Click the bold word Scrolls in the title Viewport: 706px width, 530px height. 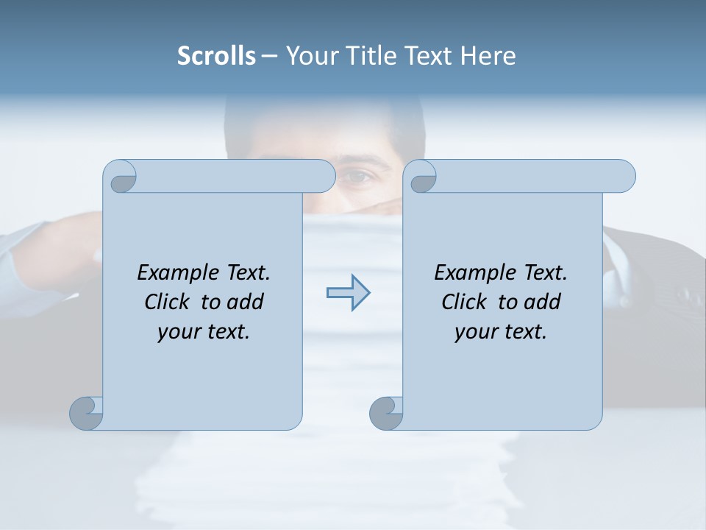pyautogui.click(x=216, y=56)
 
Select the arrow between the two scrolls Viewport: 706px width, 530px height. pyautogui.click(x=348, y=293)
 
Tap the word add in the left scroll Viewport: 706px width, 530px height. pyautogui.click(x=246, y=302)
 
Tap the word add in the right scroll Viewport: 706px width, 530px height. pyautogui.click(x=543, y=302)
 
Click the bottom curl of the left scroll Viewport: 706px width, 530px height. pyautogui.click(x=87, y=412)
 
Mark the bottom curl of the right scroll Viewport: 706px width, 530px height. pyautogui.click(x=386, y=412)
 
